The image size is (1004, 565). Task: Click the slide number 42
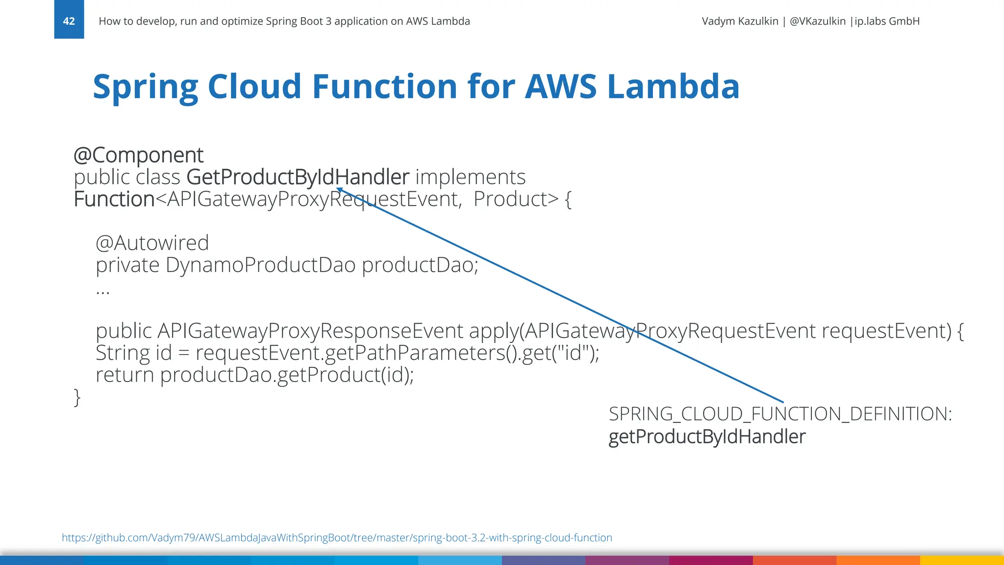point(69,21)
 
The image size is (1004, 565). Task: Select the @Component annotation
point(138,155)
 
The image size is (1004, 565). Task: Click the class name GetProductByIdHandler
point(298,177)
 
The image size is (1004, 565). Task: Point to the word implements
point(470,177)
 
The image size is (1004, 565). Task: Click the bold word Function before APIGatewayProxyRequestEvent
point(114,199)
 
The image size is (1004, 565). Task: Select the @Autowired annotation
point(152,243)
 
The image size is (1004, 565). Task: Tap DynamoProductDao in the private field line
point(260,265)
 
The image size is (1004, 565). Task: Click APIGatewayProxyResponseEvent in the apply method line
point(310,331)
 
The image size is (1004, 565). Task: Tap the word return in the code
point(125,375)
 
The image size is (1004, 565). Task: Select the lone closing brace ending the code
point(77,397)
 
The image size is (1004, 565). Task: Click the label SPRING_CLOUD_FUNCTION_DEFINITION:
point(780,414)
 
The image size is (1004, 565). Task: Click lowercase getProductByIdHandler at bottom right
point(706,437)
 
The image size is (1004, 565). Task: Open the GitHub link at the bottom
point(337,538)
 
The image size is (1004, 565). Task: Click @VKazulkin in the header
point(817,21)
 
